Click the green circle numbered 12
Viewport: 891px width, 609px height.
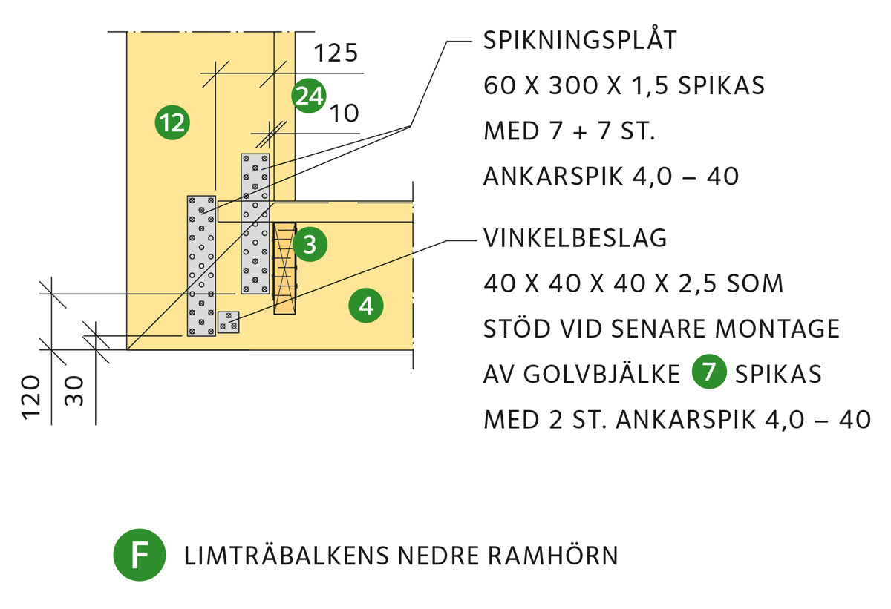point(172,122)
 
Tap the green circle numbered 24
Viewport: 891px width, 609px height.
point(309,96)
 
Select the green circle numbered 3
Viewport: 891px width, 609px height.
point(310,244)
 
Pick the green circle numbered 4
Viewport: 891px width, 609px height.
point(366,306)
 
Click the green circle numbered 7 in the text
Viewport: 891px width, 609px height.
point(709,372)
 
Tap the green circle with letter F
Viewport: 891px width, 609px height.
point(140,555)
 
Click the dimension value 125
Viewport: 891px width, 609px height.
point(336,53)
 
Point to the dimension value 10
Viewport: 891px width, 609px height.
point(345,113)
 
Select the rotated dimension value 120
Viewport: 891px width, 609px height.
point(30,398)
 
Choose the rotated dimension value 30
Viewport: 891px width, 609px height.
point(74,390)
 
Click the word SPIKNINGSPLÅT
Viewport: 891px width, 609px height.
point(580,40)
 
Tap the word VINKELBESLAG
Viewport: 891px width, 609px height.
point(575,238)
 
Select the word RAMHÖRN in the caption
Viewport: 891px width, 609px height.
point(553,555)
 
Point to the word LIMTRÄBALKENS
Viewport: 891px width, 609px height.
point(286,555)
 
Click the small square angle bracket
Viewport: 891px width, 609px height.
point(229,322)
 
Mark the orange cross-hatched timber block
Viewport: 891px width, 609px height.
point(284,268)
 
